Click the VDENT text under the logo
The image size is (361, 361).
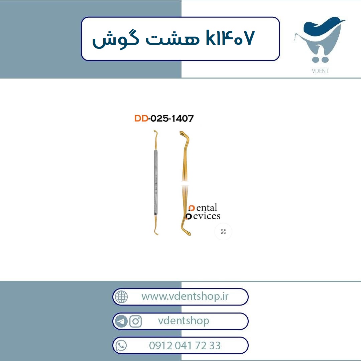pos(320,71)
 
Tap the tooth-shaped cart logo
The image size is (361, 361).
pos(320,39)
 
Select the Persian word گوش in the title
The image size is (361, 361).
pos(116,39)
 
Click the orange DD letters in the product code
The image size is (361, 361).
pos(141,118)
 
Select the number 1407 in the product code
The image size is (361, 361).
pos(183,118)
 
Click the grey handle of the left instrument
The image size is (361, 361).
pos(156,182)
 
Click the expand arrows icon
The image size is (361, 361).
pos(223,232)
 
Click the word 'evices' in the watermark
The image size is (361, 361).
pos(207,216)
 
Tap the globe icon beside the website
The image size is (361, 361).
pos(121,297)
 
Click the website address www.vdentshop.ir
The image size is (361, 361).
pos(185,296)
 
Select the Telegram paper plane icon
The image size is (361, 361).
pos(121,321)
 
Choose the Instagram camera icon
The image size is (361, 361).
pos(135,321)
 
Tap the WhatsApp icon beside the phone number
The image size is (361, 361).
pos(121,346)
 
